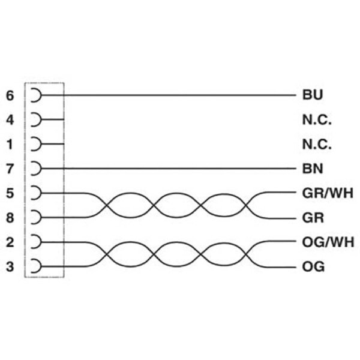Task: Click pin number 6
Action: point(10,95)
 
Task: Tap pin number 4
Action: point(10,120)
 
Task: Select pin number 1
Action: point(10,145)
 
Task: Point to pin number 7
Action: point(10,169)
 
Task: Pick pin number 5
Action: point(10,193)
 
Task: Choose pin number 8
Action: point(10,218)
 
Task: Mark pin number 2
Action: point(10,242)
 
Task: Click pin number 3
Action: point(10,267)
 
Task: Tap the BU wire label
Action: point(313,95)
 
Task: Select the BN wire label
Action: point(313,169)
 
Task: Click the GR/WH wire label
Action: point(328,193)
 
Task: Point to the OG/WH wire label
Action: point(328,242)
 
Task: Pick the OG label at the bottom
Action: point(313,267)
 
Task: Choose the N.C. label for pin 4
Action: point(317,120)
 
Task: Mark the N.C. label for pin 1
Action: point(317,145)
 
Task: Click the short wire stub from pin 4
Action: point(53,119)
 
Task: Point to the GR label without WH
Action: point(313,218)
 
